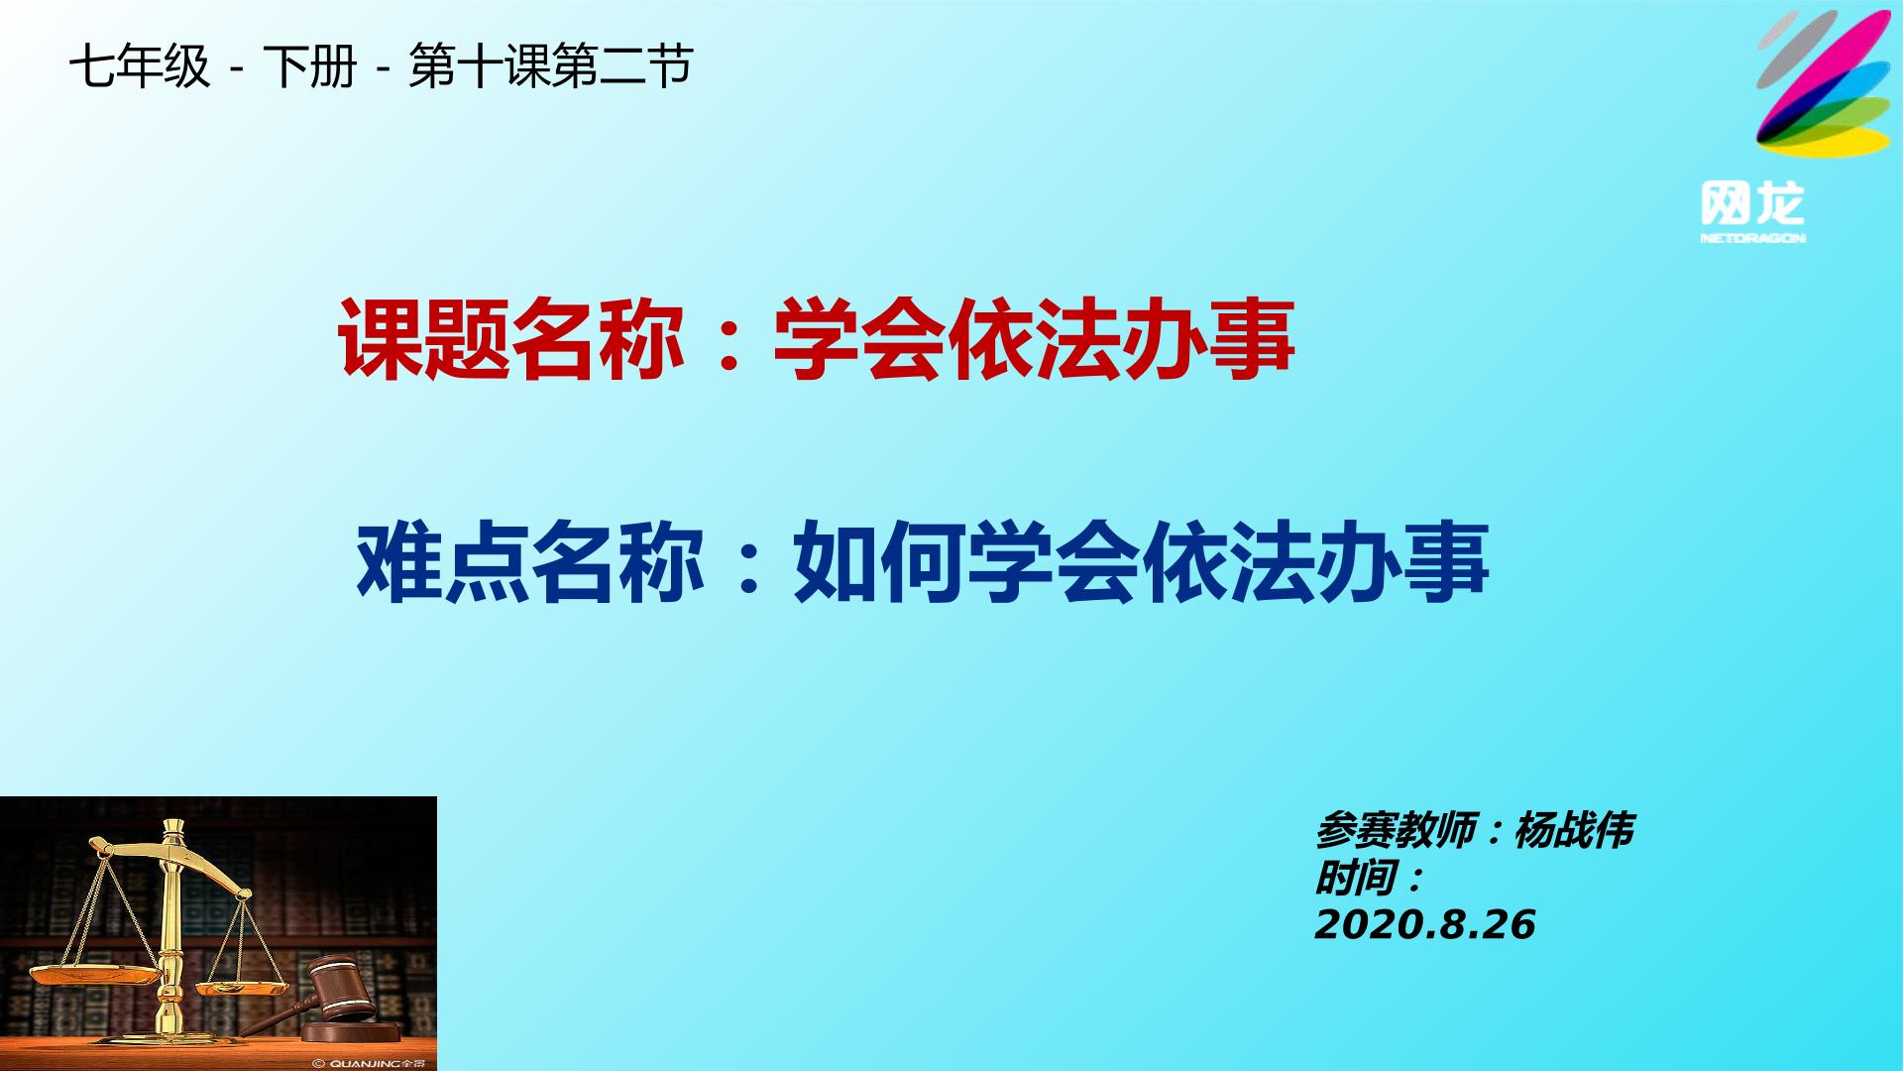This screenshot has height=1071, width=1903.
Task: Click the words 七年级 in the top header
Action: [140, 67]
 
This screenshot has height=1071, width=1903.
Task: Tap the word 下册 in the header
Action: [310, 67]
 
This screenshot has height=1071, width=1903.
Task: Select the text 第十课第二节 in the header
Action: [550, 67]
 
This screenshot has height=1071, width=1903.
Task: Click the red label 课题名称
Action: [511, 340]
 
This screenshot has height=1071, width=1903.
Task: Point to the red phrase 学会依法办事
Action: [1034, 340]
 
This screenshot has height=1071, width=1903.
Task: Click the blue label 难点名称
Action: [530, 563]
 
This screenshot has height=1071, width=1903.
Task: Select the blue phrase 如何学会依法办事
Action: [1141, 563]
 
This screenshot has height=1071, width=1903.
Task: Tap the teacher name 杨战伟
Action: [1574, 830]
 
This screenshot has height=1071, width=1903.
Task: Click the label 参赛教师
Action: [1396, 830]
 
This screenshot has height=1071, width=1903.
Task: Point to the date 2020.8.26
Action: [1424, 925]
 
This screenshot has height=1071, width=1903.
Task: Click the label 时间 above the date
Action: [1355, 878]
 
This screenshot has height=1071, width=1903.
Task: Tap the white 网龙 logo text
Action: [1752, 204]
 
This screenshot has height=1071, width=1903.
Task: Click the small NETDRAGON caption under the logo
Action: [1752, 238]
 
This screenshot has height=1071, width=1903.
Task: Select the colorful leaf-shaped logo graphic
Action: [1823, 84]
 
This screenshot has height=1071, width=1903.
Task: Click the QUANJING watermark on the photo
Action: [369, 1063]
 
